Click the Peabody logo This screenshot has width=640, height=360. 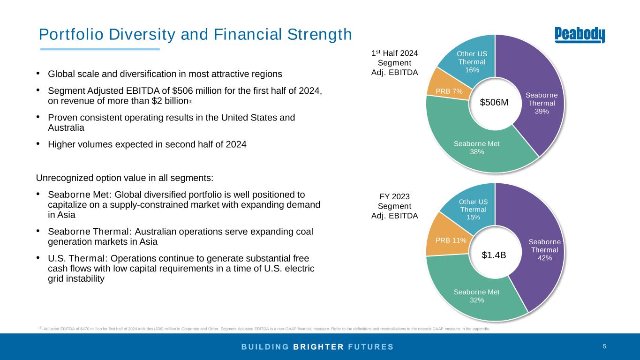pos(580,35)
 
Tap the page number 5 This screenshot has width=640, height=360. pos(604,346)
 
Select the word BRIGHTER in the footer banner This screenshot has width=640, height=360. pos(319,347)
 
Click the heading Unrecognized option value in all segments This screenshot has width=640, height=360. pos(125,178)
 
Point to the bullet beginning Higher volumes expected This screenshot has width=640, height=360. pos(147,144)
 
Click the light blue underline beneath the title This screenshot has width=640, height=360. pos(100,49)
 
